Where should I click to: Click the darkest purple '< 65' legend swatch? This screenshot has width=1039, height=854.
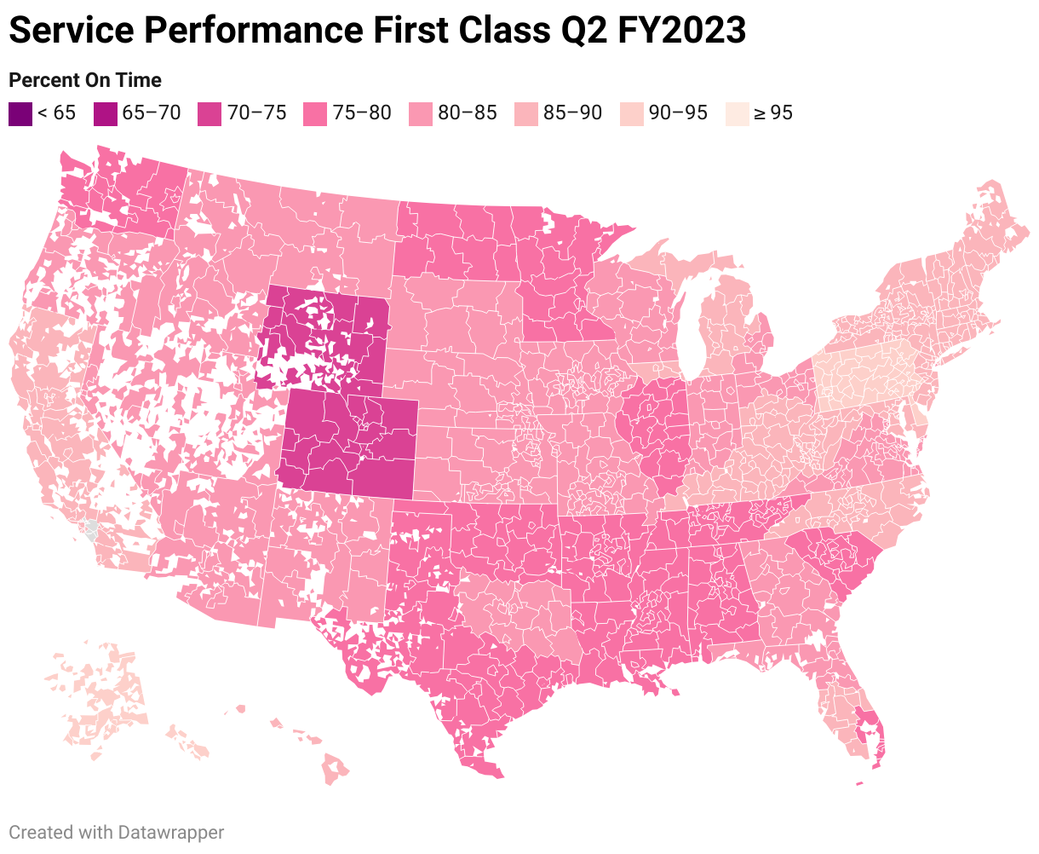coord(20,114)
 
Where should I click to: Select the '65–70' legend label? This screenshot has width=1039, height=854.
coord(152,113)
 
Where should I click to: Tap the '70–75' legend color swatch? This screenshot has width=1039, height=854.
coord(210,114)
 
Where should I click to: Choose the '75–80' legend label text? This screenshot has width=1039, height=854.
coord(362,113)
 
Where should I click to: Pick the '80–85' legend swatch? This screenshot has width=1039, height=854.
coord(421,114)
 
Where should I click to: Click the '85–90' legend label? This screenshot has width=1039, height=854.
coord(573,113)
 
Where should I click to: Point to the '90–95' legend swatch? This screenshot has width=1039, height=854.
coord(632,114)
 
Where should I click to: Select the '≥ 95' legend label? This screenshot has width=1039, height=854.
coord(772,113)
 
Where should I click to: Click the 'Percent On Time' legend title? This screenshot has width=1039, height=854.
coord(84,80)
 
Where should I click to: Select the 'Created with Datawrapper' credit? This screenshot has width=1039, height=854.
coord(116,832)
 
